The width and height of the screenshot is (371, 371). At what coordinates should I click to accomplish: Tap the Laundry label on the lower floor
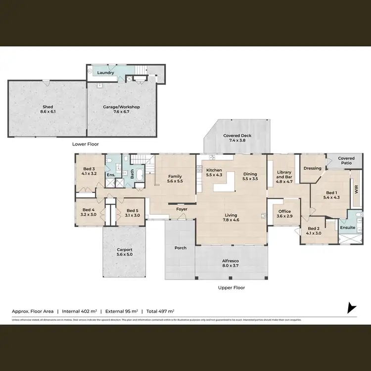[106, 73]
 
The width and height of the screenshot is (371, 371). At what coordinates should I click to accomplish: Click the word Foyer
[182, 209]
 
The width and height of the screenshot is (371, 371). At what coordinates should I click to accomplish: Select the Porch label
[181, 248]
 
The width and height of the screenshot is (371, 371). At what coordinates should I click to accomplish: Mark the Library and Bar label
[284, 175]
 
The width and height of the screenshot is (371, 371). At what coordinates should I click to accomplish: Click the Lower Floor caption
[86, 144]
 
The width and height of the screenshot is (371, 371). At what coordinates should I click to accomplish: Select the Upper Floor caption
[232, 287]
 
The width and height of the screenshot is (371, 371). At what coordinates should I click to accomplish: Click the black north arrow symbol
[351, 308]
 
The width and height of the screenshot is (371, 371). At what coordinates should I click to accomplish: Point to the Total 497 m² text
[159, 311]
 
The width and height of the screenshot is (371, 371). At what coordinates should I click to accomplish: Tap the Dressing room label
[313, 168]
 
